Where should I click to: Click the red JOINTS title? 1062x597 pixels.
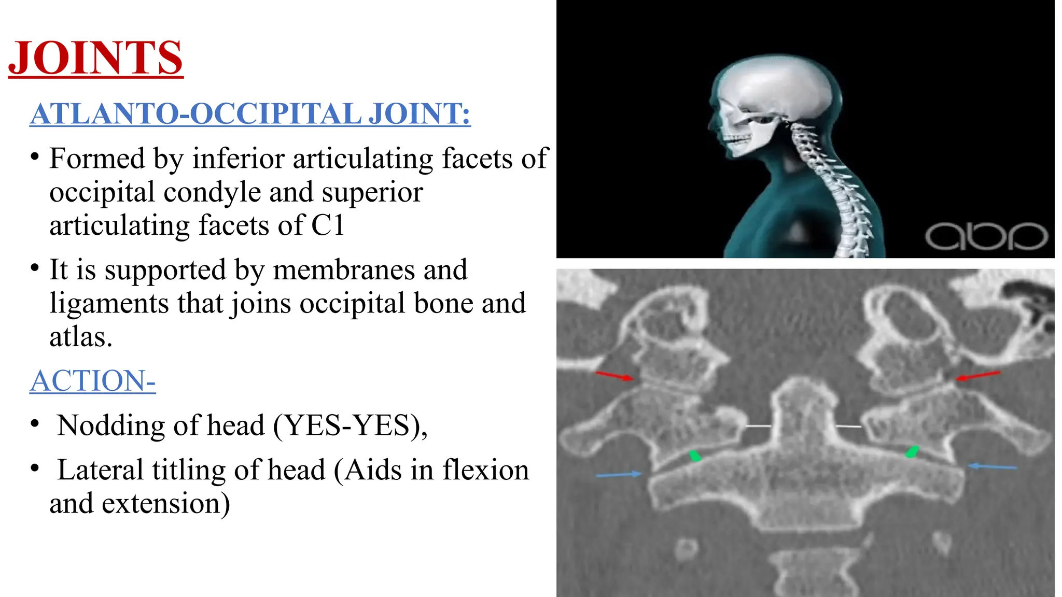click(x=96, y=58)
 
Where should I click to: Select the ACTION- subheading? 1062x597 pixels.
click(x=92, y=381)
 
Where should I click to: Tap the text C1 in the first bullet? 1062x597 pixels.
click(x=328, y=225)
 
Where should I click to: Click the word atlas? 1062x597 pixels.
click(x=80, y=337)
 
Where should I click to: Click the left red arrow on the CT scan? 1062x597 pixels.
click(x=614, y=375)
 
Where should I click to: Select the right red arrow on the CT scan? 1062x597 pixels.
click(x=978, y=375)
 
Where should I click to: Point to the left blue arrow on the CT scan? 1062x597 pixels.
click(x=619, y=474)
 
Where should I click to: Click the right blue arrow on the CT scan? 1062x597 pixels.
click(x=993, y=467)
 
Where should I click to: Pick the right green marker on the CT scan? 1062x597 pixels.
click(x=912, y=451)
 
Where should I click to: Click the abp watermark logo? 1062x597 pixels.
click(x=986, y=236)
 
